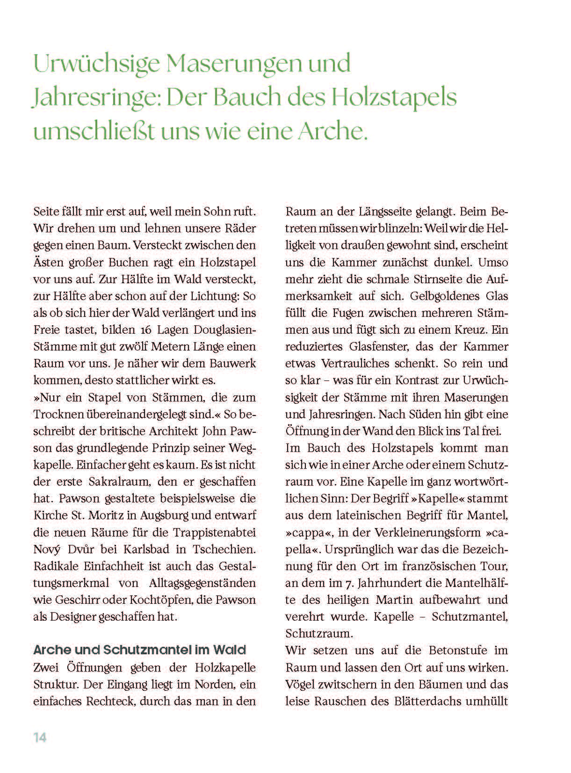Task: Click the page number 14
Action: pyautogui.click(x=40, y=737)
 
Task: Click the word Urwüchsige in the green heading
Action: pyautogui.click(x=96, y=64)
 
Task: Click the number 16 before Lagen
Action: pyautogui.click(x=146, y=330)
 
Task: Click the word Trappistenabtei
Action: pyautogui.click(x=215, y=532)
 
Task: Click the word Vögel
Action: pyautogui.click(x=299, y=685)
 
